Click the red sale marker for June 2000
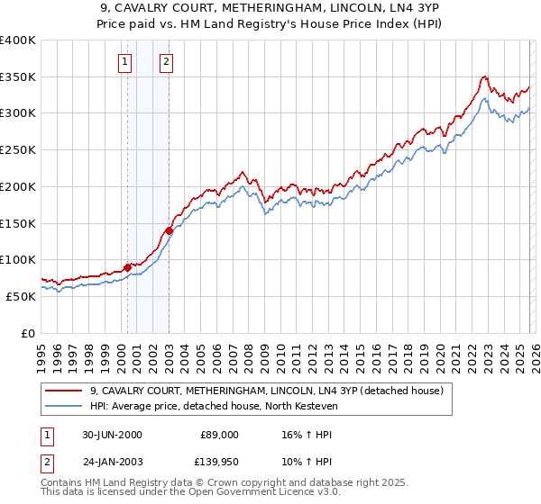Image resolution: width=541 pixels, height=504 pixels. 127,267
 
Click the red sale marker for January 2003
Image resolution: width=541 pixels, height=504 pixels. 169,230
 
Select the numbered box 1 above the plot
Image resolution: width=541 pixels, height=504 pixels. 124,62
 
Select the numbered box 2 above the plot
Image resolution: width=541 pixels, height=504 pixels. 168,62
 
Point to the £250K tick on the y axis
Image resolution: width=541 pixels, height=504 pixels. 18,150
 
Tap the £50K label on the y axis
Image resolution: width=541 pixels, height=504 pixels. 20,296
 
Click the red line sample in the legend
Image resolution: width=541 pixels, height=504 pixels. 65,391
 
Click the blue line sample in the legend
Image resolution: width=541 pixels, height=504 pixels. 65,407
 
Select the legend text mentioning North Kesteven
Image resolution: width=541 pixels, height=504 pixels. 213,407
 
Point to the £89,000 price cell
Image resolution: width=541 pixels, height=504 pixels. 219,434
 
